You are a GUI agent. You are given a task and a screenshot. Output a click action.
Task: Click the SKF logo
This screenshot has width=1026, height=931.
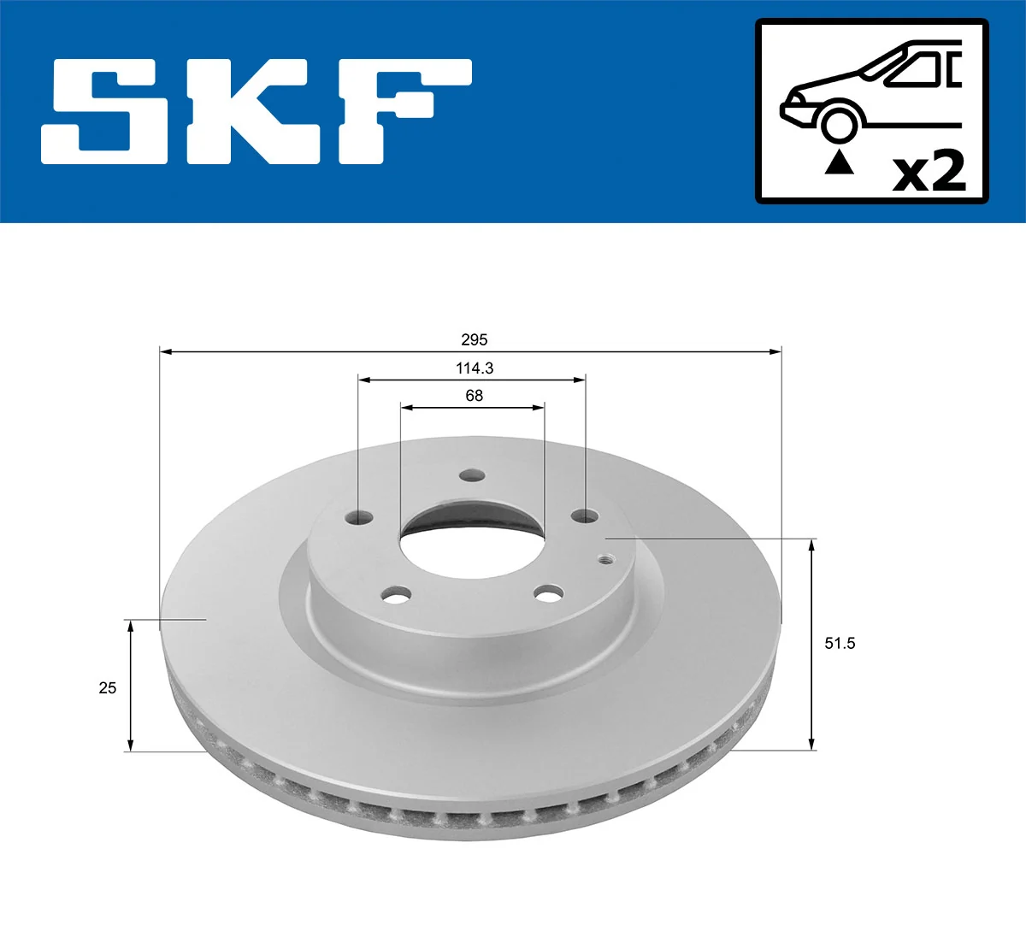pos(256,111)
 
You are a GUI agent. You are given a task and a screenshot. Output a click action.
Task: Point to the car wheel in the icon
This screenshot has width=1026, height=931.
pos(839,123)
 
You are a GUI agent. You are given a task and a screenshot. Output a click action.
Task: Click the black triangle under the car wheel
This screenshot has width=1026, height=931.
pos(839,162)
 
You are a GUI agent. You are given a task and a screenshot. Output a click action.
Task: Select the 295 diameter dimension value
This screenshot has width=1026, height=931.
pos(474,339)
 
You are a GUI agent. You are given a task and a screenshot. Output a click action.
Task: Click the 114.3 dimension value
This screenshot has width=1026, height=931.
pos(474,368)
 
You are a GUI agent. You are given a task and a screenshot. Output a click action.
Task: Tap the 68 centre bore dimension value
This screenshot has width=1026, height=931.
pos(474,396)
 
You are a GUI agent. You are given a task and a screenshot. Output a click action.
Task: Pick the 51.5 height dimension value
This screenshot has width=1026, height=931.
pos(839,643)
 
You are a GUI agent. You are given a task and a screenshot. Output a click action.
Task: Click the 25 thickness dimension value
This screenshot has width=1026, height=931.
pos(107,687)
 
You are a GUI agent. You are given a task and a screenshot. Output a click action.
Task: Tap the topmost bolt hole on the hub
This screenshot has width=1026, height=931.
pos(471,476)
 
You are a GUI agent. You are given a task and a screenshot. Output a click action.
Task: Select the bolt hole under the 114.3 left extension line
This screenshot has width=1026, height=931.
pos(362,518)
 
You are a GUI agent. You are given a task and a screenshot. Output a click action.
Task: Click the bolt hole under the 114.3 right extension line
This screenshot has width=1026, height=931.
pos(586,516)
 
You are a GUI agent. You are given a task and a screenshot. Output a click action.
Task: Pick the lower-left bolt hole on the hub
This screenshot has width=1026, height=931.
pos(396,594)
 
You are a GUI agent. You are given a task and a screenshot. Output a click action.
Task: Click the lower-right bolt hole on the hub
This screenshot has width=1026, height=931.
pos(548,592)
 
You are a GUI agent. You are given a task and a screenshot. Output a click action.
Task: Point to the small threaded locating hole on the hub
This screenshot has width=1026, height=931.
pos(606,559)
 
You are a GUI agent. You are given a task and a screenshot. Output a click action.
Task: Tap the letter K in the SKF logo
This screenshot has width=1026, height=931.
pos(256,111)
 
